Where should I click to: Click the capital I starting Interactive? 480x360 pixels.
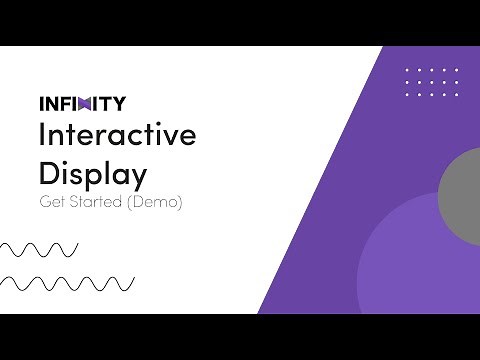coord(42,135)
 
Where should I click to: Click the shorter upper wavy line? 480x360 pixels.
coord(40,248)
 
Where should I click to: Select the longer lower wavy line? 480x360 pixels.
coord(68,283)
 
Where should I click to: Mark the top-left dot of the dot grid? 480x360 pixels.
coord(408,70)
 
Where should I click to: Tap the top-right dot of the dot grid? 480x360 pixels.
coord(456,70)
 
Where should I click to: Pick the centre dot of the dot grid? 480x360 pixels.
coord(432,82)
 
